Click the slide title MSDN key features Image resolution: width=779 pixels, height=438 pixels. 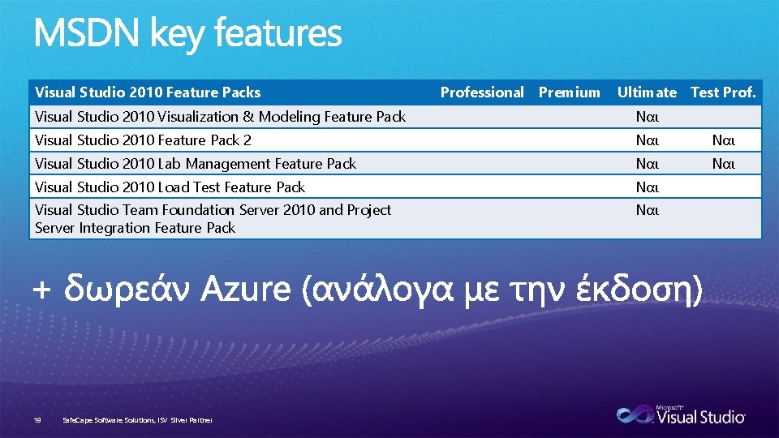(187, 35)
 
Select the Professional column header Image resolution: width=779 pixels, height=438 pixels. (482, 92)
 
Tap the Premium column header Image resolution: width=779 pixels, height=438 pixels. (570, 92)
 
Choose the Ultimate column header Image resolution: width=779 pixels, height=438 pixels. (647, 92)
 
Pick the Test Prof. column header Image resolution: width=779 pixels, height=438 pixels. (723, 92)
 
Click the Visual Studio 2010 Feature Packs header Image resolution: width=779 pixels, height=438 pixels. (148, 92)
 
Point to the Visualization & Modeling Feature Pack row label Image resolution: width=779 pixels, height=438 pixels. (220, 117)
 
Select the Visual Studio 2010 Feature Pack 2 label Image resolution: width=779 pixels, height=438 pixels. (143, 140)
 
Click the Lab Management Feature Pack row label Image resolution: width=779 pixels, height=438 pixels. (196, 164)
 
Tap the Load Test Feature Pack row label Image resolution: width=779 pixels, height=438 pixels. (170, 187)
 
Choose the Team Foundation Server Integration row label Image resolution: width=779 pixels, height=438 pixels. (213, 219)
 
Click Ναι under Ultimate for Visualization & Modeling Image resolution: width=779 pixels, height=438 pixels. (647, 117)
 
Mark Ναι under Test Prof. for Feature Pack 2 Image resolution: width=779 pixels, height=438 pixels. (723, 140)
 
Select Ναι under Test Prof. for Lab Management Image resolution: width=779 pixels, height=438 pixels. (723, 164)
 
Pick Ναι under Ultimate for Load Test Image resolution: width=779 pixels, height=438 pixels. (647, 187)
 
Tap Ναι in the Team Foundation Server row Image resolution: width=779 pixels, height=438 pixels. (647, 211)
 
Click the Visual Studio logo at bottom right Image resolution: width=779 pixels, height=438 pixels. (681, 415)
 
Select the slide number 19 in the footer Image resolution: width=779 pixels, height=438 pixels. (37, 420)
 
